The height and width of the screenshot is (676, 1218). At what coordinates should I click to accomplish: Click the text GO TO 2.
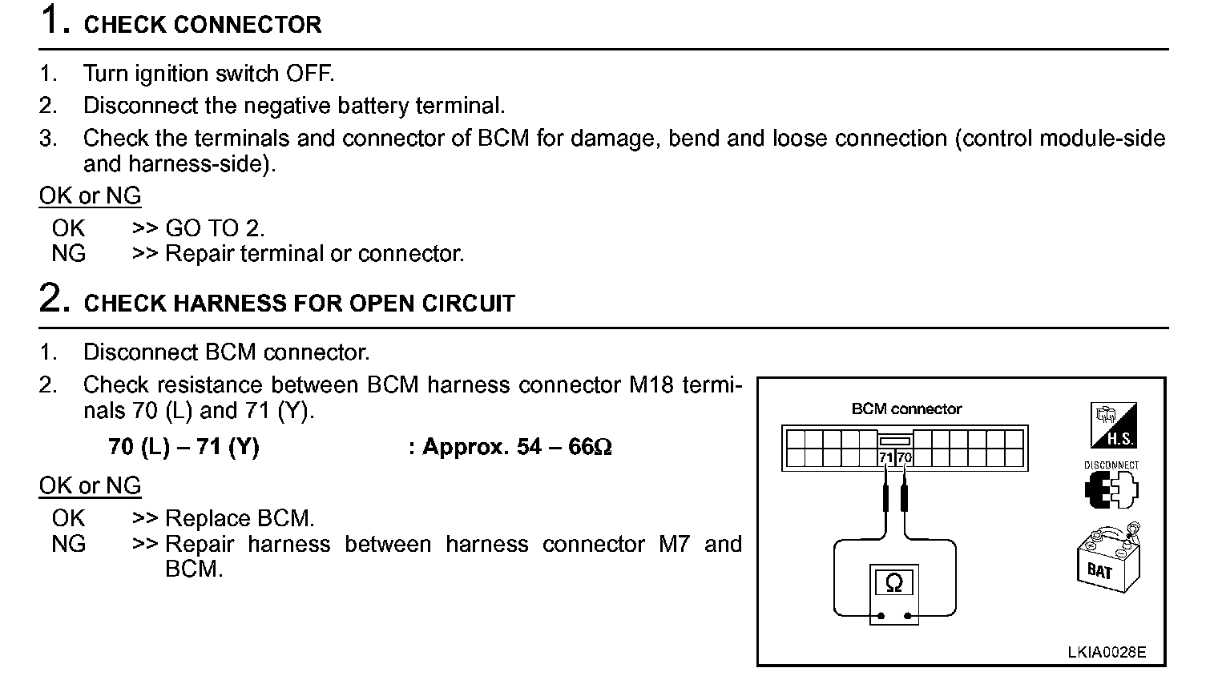click(x=214, y=228)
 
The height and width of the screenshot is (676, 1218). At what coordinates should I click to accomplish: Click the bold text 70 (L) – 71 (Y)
click(x=184, y=447)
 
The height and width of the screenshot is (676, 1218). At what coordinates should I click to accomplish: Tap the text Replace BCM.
click(x=240, y=519)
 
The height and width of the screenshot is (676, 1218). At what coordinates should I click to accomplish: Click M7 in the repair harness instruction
click(x=674, y=545)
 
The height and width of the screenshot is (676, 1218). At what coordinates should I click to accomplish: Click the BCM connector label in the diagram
click(x=906, y=409)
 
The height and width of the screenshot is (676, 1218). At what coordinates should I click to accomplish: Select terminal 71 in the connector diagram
click(x=885, y=458)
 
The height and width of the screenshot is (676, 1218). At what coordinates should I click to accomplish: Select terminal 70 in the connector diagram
click(x=905, y=458)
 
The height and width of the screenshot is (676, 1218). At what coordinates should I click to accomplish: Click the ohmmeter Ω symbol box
click(x=894, y=583)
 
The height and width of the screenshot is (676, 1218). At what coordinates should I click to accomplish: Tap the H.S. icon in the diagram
click(x=1113, y=426)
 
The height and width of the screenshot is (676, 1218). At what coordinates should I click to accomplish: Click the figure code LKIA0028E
click(x=1107, y=652)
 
